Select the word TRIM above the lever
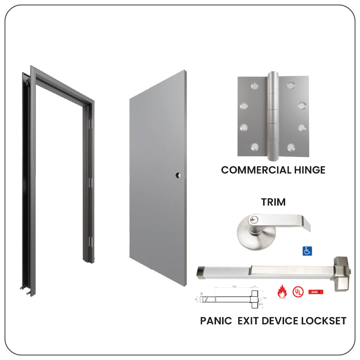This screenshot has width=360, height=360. pyautogui.click(x=273, y=202)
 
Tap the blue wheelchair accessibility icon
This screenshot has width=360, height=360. pyautogui.click(x=307, y=251)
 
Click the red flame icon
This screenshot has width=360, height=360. pyautogui.click(x=282, y=291)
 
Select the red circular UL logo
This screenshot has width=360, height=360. pyautogui.click(x=298, y=291)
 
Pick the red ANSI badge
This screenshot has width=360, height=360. pyautogui.click(x=316, y=292)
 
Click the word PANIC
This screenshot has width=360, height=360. pyautogui.click(x=216, y=321)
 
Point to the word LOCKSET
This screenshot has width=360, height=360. pyautogui.click(x=324, y=321)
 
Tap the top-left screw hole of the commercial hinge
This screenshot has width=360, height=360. pyautogui.click(x=253, y=85)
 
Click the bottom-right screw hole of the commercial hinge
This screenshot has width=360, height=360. pyautogui.click(x=291, y=147)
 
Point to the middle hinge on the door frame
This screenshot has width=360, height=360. pyautogui.click(x=90, y=182)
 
